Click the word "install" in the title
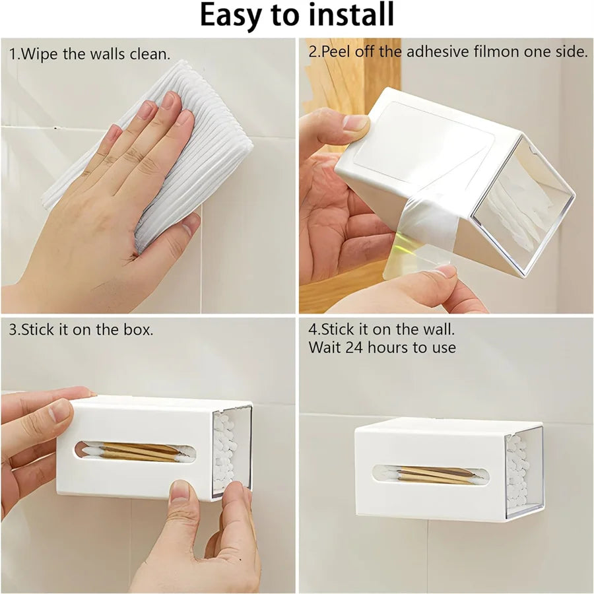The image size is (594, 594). tap(351, 15)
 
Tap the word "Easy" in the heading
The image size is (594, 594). tap(231, 16)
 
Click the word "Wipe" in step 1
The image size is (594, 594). tap(40, 54)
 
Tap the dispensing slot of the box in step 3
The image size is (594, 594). tap(135, 451)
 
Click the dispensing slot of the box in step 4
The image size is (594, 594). tap(431, 475)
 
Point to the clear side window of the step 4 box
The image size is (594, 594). tap(525, 476)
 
